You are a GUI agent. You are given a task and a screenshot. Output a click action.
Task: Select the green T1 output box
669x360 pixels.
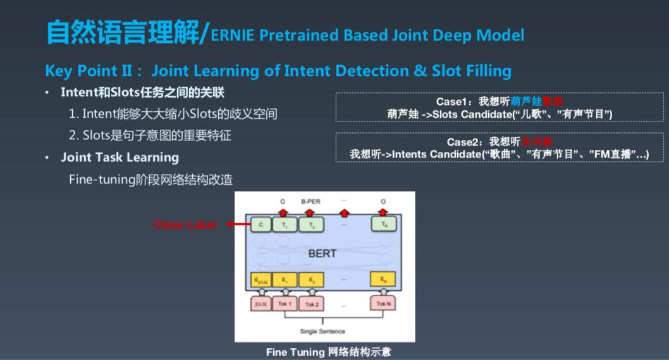click(284, 224)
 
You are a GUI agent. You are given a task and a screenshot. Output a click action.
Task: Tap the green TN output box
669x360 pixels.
click(383, 224)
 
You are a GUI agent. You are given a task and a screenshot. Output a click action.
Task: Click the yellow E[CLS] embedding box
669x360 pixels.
click(261, 279)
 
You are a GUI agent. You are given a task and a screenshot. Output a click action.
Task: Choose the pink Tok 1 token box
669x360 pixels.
click(285, 304)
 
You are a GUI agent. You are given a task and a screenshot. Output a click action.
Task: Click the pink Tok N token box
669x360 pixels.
click(383, 304)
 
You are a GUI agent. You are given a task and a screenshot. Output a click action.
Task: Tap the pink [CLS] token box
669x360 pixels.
click(260, 304)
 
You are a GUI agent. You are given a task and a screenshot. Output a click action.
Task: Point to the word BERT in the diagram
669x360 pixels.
click(322, 253)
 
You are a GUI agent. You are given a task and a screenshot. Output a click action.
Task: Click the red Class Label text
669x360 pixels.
click(185, 225)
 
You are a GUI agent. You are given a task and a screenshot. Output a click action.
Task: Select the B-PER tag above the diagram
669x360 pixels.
click(310, 202)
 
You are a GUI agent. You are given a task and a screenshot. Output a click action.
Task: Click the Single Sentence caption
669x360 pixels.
click(322, 332)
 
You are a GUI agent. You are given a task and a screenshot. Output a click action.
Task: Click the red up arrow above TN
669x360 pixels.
click(383, 211)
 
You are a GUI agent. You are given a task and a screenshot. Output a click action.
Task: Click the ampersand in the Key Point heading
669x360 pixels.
click(420, 70)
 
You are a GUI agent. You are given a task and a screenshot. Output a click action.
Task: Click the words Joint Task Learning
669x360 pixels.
click(120, 158)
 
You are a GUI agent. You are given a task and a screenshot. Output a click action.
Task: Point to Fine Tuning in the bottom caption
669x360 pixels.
click(295, 352)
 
